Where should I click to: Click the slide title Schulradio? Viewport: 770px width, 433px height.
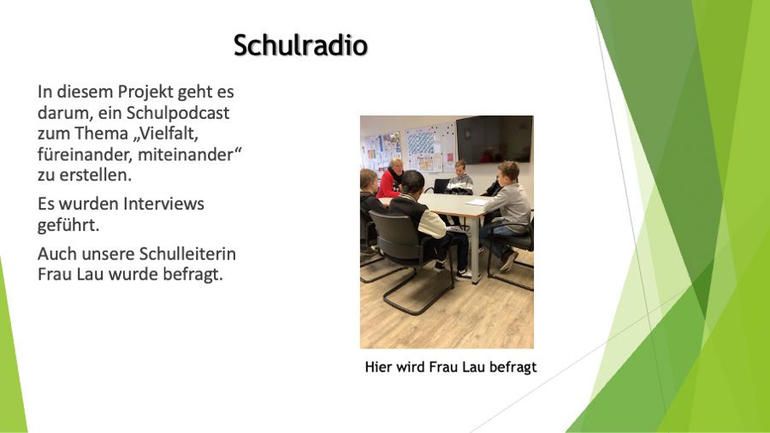300,45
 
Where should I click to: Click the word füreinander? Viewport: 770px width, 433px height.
85,154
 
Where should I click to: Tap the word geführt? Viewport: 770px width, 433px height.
68,225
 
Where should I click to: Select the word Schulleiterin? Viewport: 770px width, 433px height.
187,254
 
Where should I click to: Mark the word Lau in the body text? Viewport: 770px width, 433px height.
90,274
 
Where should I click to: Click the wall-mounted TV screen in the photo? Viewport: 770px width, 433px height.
494,139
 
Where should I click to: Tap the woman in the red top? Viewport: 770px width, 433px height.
391,178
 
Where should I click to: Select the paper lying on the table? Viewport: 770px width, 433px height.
477,202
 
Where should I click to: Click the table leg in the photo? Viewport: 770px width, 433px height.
475,251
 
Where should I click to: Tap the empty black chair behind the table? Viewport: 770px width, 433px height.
439,186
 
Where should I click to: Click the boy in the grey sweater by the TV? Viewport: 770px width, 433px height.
460,178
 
